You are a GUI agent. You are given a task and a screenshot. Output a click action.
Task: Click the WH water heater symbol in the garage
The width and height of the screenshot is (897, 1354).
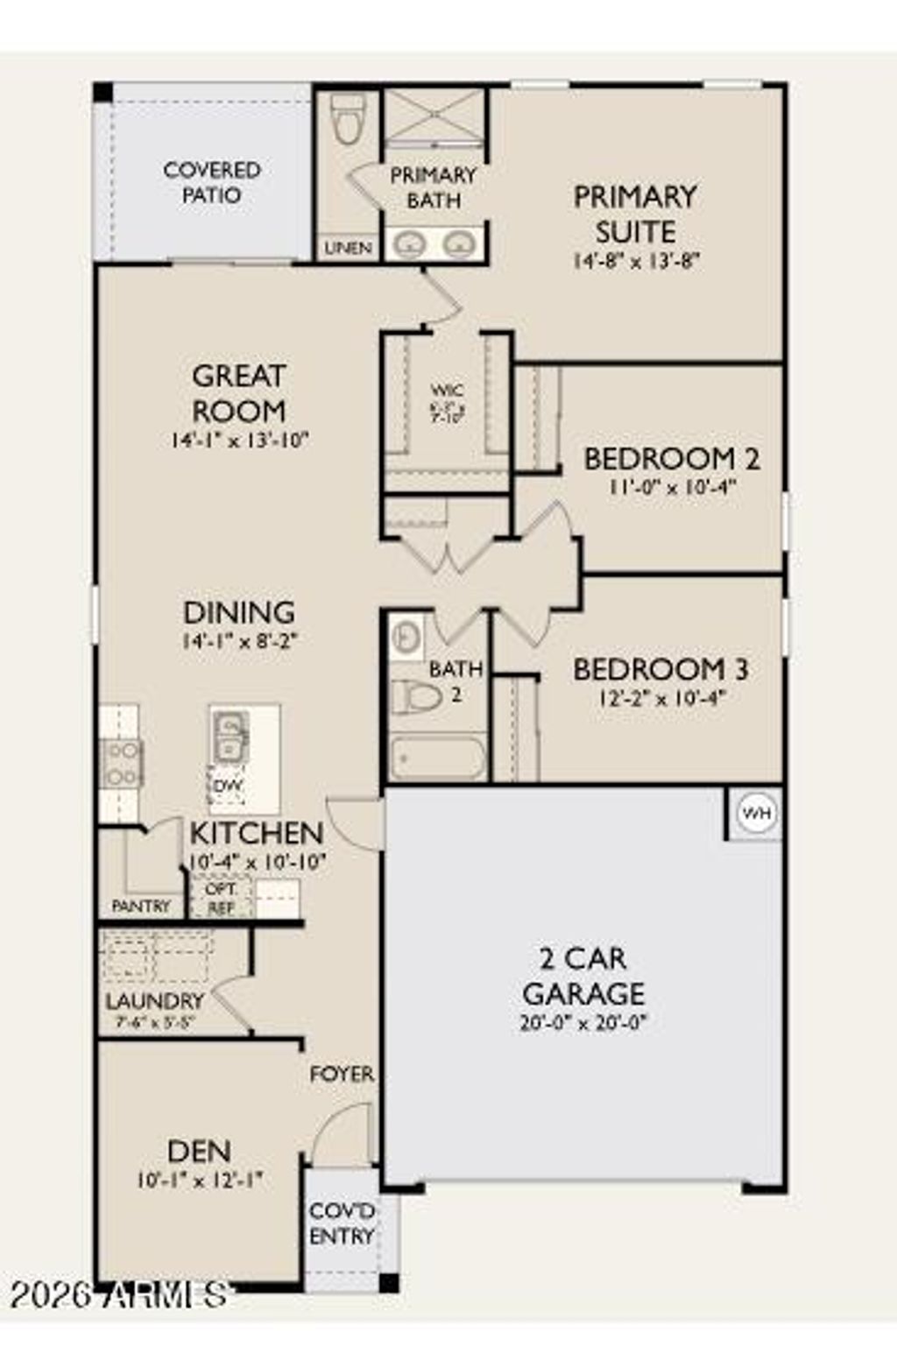click(756, 814)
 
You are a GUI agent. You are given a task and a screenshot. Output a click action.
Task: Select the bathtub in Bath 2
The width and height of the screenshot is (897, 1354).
click(437, 758)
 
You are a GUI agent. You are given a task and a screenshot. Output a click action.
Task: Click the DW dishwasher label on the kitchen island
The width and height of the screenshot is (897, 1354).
click(228, 786)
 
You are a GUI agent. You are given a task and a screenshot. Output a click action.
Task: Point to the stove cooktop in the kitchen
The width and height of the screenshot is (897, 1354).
click(121, 763)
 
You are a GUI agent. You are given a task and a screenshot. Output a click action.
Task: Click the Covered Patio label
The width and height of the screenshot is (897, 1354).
click(212, 182)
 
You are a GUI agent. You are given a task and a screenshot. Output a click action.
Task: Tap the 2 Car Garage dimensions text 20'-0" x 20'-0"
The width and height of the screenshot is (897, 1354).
click(583, 1022)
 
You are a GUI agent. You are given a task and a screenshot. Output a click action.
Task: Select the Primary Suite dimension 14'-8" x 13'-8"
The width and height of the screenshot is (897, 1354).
click(636, 260)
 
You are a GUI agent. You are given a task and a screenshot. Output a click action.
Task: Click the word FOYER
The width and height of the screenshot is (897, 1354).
click(342, 1074)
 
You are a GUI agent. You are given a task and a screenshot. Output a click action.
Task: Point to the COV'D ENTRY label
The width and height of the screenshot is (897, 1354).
click(342, 1224)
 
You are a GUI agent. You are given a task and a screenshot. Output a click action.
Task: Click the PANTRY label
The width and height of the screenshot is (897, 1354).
click(141, 906)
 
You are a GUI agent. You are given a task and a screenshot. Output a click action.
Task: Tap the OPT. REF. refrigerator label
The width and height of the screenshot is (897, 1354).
click(221, 899)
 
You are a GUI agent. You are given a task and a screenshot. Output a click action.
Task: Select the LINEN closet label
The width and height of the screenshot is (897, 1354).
click(348, 249)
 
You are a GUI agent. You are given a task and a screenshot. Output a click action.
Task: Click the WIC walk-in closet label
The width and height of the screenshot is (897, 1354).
click(447, 391)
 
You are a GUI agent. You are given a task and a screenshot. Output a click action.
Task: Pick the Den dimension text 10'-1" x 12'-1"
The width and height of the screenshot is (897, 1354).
click(200, 1181)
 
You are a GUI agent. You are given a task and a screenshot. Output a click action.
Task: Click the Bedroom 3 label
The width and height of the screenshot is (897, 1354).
click(660, 670)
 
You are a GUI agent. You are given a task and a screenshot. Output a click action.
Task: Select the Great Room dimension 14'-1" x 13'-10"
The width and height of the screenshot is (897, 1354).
click(239, 440)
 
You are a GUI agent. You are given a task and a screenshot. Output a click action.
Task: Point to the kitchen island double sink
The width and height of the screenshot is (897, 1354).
click(230, 737)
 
